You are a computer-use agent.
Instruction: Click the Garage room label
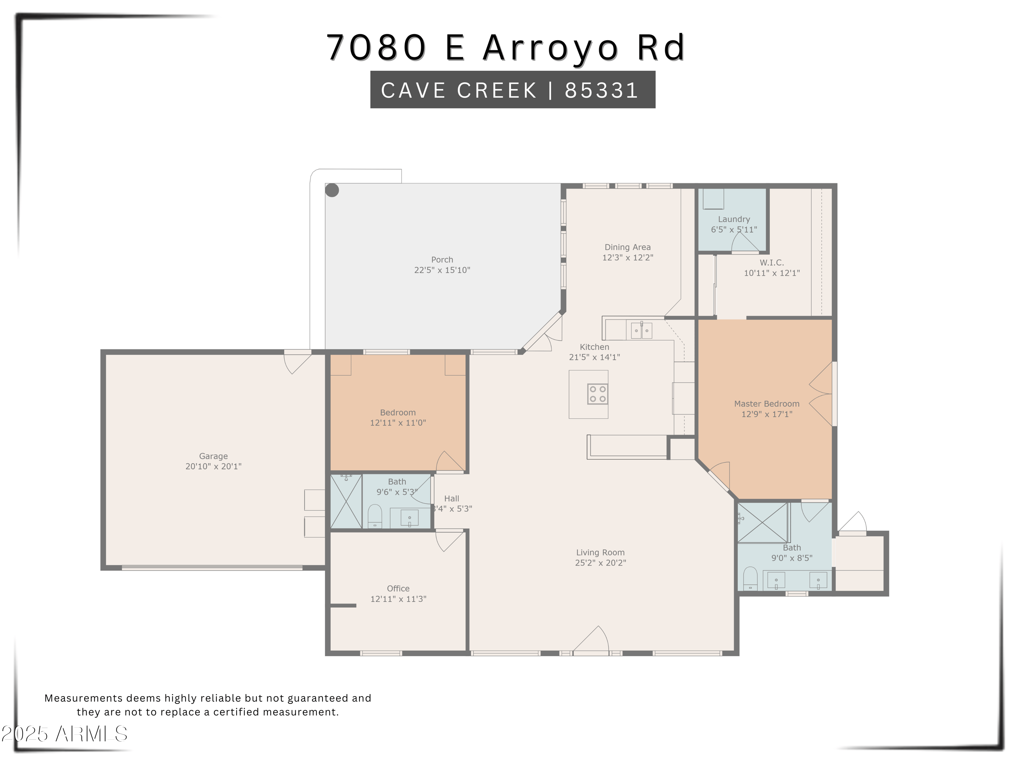tap(213, 456)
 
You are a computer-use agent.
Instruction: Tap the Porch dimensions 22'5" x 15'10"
tap(442, 270)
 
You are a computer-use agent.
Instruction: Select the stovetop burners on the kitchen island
tap(597, 394)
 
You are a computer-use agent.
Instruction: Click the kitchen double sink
tap(642, 330)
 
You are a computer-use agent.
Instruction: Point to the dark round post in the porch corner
tap(332, 190)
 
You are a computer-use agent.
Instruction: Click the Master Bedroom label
tap(767, 404)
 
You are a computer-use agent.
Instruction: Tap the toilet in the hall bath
tap(375, 516)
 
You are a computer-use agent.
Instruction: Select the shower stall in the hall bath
tap(346, 501)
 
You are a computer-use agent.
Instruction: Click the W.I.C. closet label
tap(772, 262)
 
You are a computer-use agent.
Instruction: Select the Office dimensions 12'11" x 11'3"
tap(398, 599)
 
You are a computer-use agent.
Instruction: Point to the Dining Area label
tap(628, 247)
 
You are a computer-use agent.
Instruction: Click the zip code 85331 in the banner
tap(602, 90)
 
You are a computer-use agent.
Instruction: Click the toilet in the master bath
tap(750, 579)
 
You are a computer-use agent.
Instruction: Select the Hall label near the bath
tap(451, 498)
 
